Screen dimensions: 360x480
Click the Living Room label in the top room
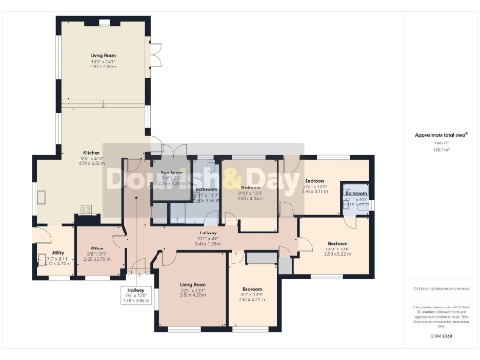point(103,56)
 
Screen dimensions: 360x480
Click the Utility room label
point(57,253)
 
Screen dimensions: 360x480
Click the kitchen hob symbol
point(86,210)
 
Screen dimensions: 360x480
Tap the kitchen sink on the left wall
point(43,198)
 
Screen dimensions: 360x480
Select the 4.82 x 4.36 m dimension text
point(103,67)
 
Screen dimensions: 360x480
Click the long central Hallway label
point(207,232)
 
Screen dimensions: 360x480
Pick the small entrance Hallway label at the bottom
point(137,291)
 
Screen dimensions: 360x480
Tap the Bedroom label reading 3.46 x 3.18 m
point(313,180)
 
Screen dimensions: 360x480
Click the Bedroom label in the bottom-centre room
point(251,288)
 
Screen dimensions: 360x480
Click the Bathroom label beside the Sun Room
point(206,189)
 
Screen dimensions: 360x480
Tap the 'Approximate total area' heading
point(434,135)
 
